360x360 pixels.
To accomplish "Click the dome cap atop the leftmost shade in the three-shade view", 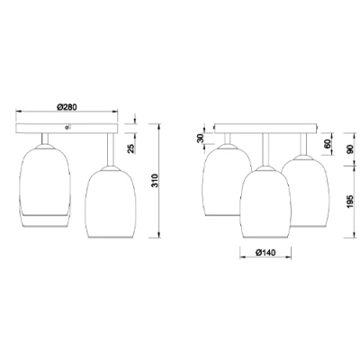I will point(225,140).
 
